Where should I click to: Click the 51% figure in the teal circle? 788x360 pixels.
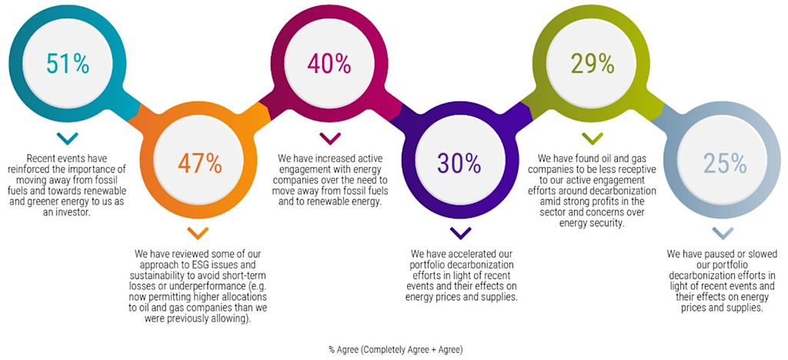click(67, 64)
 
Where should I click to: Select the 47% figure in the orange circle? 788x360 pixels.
click(199, 163)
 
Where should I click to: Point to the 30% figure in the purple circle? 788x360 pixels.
click(459, 163)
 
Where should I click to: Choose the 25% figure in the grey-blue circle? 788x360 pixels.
click(724, 163)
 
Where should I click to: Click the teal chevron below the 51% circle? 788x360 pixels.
click(68, 139)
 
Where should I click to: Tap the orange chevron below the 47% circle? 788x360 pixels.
click(199, 232)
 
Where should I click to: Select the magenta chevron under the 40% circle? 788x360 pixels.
click(329, 139)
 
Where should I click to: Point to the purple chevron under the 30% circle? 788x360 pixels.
click(460, 232)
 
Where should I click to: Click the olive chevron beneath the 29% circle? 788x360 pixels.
click(592, 139)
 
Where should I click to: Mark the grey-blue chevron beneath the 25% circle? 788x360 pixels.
click(723, 232)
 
